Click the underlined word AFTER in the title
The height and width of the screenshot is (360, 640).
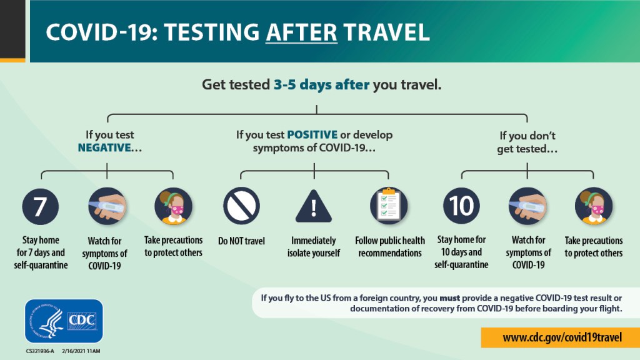302,32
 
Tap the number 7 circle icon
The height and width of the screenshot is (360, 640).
41,206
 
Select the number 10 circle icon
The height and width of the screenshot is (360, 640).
462,206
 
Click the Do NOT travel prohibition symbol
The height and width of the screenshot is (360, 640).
242,206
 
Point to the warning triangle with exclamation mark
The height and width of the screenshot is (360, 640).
314,206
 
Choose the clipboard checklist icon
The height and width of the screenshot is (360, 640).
389,206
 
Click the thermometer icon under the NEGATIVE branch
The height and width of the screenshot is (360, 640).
107,206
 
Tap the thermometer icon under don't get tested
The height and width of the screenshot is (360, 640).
527,206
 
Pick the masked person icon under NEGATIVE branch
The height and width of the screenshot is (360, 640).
174,206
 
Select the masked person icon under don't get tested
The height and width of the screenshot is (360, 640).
594,206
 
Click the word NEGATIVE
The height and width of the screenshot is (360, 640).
104,147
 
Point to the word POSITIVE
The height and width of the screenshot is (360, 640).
312,135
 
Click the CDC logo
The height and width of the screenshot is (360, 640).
64,321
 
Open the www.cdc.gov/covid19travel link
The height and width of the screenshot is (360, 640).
562,337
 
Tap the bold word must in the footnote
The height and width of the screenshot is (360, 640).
449,298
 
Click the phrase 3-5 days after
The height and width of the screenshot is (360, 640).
321,84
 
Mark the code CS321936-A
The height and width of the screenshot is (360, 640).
40,351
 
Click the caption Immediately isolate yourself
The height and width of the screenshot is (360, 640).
314,247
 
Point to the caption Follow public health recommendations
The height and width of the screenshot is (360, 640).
390,247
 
